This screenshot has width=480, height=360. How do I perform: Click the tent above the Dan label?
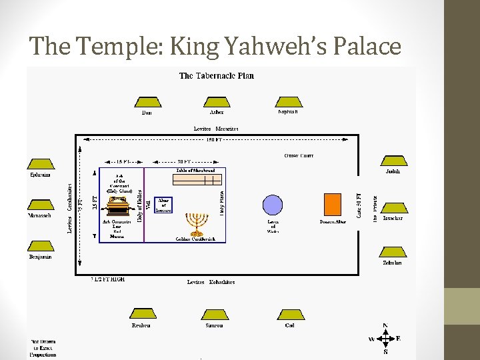[147, 102]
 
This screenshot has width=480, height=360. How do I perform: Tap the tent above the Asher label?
[217, 102]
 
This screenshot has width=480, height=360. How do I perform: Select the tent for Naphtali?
[287, 102]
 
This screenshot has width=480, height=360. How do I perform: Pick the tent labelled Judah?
[393, 162]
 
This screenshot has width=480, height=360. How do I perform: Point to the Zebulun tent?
[393, 253]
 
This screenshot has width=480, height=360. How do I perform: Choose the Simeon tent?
[213, 314]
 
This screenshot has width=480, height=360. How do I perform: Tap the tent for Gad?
[289, 314]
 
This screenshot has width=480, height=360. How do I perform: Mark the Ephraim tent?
[40, 164]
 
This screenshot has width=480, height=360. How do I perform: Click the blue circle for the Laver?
[273, 205]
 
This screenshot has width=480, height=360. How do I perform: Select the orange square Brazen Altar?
[332, 204]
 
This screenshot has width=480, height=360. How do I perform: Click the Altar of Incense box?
[163, 205]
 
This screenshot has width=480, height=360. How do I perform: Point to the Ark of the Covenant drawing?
[118, 202]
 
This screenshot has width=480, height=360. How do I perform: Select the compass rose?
[385, 339]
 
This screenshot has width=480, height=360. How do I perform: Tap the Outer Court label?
[298, 156]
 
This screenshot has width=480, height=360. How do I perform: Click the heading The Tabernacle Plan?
[216, 75]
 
